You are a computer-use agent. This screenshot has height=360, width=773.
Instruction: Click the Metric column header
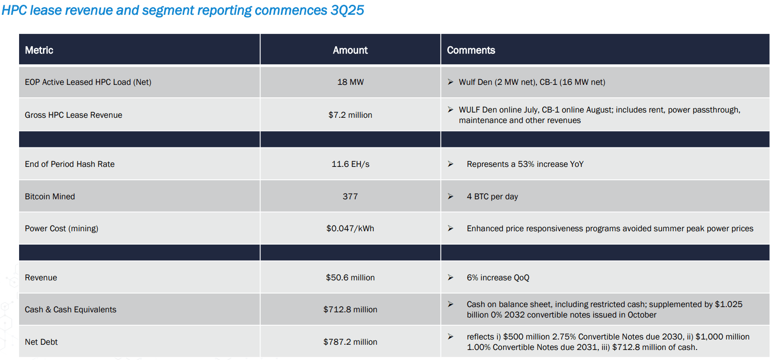click(x=39, y=50)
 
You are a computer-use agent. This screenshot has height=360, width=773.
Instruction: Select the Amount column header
click(x=350, y=50)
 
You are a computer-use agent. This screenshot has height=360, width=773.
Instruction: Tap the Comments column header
click(x=471, y=50)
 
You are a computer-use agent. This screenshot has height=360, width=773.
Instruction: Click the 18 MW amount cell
click(x=350, y=82)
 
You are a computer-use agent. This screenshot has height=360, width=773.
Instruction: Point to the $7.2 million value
click(x=350, y=115)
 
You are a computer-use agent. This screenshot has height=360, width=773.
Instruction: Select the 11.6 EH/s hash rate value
click(x=350, y=164)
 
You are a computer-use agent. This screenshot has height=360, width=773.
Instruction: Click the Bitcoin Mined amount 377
click(x=350, y=196)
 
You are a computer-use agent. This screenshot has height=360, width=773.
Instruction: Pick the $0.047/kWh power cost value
click(x=350, y=228)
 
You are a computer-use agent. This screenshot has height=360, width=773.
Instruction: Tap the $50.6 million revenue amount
click(x=350, y=278)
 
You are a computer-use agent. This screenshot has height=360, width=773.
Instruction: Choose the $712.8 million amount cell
click(x=350, y=309)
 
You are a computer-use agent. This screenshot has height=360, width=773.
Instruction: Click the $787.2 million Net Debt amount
click(x=350, y=342)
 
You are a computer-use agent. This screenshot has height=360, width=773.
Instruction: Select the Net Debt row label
click(x=41, y=342)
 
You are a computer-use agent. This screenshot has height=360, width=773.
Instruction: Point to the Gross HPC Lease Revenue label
click(x=73, y=115)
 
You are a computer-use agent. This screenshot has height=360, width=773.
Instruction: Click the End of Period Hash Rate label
click(x=70, y=164)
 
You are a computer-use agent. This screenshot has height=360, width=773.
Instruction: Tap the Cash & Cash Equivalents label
click(x=71, y=309)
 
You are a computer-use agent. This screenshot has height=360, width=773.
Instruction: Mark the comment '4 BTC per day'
click(x=492, y=196)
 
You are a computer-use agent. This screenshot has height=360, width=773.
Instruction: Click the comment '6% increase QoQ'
click(x=498, y=278)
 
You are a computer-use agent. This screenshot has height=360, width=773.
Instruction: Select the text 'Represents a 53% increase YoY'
click(x=525, y=164)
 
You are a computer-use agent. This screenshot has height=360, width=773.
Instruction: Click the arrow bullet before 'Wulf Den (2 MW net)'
click(x=450, y=82)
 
